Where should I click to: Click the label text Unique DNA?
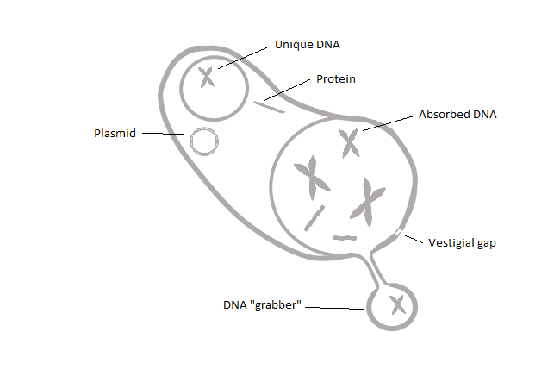tap(308, 45)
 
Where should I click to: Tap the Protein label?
tap(336, 79)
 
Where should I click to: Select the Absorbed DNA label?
tap(457, 115)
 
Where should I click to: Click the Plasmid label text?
tap(115, 134)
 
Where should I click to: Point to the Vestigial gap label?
tap(462, 243)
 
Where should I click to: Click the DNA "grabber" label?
tap(262, 305)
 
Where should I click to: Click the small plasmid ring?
tap(204, 141)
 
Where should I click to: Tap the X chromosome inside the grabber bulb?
tap(398, 305)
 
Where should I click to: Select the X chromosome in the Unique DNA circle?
tap(207, 78)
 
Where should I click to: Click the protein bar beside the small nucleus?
tap(269, 107)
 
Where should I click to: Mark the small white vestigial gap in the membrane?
tap(398, 232)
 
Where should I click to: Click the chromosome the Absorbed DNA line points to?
tap(349, 143)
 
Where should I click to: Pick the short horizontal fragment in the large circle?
tap(345, 238)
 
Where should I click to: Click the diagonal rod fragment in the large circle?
tap(314, 218)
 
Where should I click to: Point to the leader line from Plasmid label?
tap(163, 134)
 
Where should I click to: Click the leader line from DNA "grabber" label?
tap(334, 308)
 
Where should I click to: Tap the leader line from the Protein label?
tap(287, 90)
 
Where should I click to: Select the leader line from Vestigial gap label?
tap(413, 239)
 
